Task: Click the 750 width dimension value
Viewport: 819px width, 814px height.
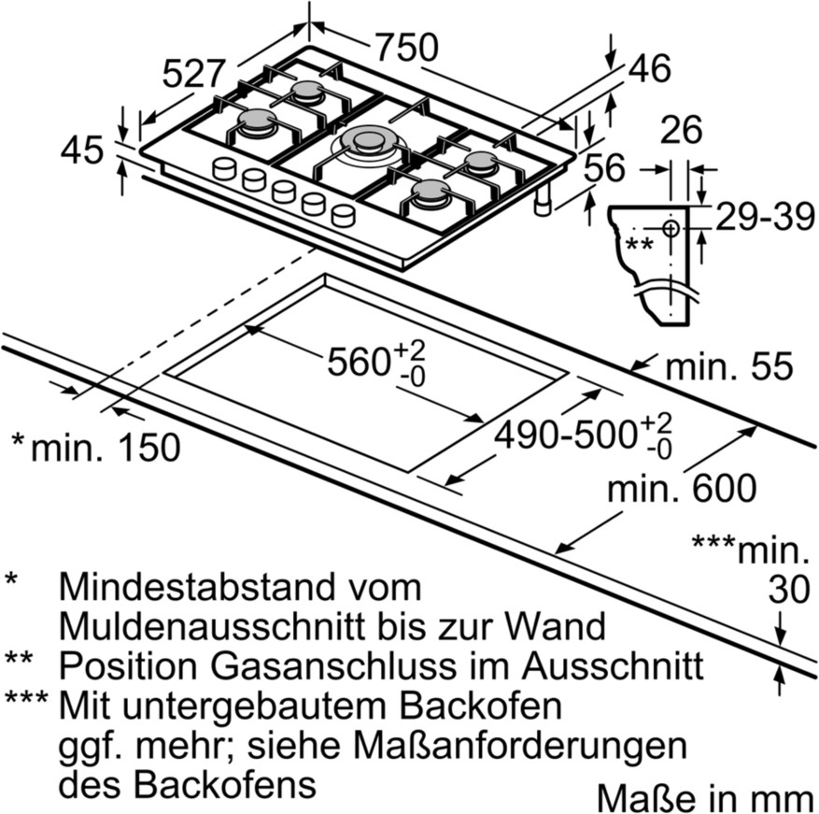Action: (x=406, y=46)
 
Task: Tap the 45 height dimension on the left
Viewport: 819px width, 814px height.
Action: (x=82, y=149)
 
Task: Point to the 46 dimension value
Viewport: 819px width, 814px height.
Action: (x=650, y=68)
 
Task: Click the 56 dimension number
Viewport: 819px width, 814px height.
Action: (x=604, y=169)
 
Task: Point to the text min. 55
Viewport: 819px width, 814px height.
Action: (x=727, y=366)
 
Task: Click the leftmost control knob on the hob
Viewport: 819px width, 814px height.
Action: (x=224, y=169)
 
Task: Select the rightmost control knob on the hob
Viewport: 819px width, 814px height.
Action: (x=344, y=216)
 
